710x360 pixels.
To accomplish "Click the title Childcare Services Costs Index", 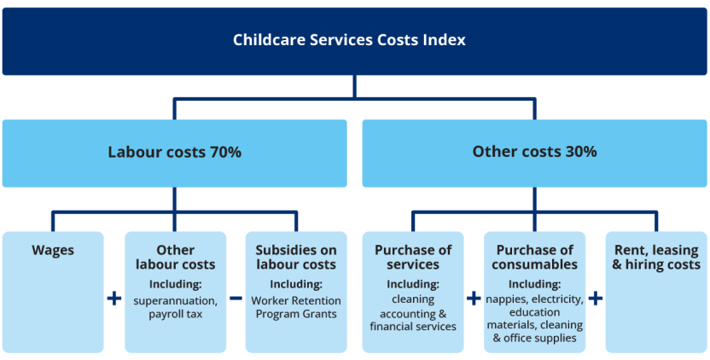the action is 349,40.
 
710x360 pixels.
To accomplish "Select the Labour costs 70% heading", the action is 174,153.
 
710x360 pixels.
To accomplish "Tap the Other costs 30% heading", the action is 534,152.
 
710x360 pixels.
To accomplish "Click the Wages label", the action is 53,250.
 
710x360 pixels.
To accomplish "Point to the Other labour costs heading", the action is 175,258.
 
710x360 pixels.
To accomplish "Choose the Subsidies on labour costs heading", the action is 296,258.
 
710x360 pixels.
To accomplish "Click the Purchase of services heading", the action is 413,258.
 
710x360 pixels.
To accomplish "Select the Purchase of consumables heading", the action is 534,258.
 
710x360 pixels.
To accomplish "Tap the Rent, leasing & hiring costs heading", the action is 656,258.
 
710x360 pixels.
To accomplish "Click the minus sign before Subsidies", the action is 236,298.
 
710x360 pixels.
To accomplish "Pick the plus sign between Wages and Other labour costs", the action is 114,298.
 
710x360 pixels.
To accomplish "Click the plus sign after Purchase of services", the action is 473,298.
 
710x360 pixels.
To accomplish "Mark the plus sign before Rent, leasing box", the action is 596,298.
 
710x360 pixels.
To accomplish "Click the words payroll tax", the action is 175,314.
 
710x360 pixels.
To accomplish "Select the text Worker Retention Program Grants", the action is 296,307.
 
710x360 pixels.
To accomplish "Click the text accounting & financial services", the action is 413,320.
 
